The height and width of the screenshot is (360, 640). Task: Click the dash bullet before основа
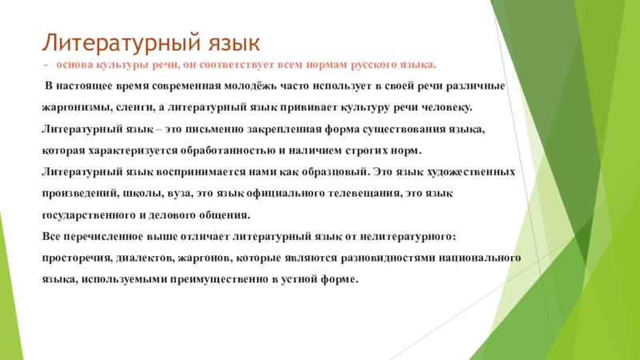pos(46,65)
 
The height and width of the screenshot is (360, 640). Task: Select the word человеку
pos(447,108)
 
